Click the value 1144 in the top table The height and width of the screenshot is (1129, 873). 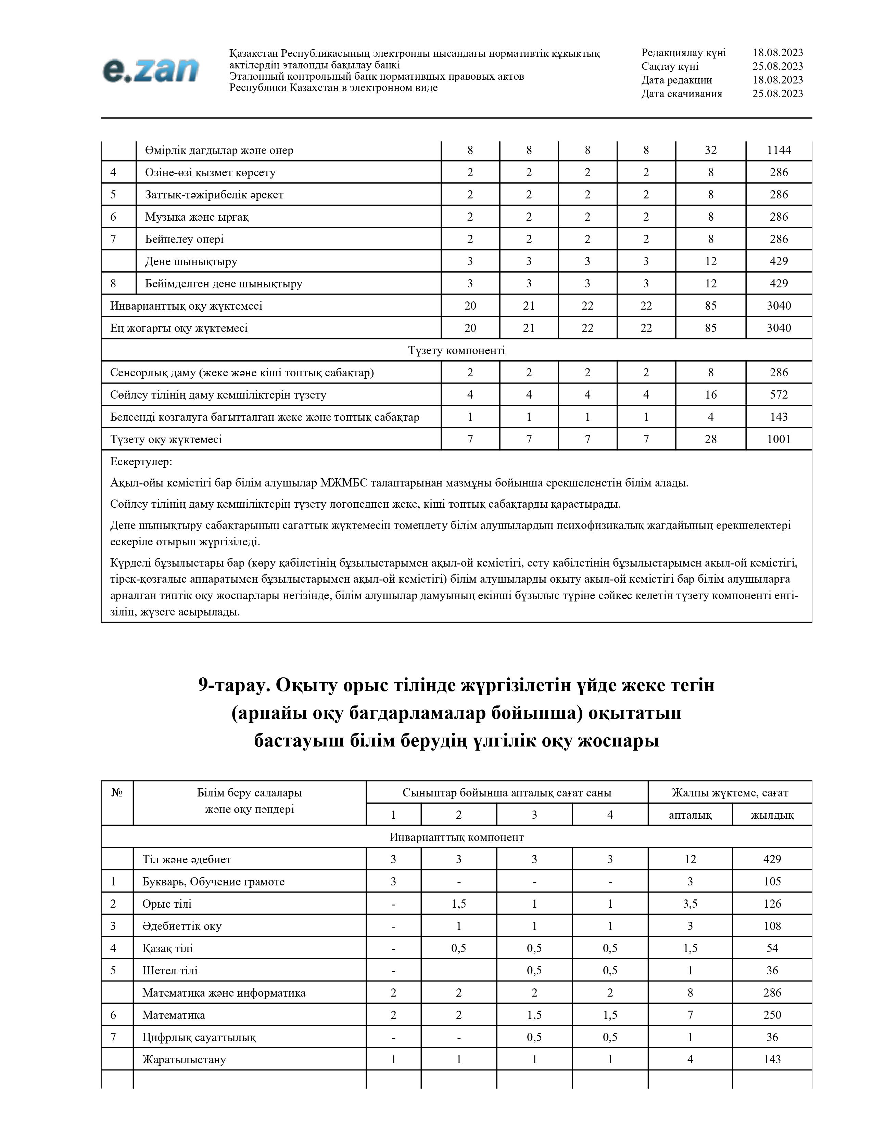(779, 151)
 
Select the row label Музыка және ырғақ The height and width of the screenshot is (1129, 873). (197, 217)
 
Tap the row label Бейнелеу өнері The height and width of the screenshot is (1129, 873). (184, 239)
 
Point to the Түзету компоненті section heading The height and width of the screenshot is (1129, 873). (456, 350)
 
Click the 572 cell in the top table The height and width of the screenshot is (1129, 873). (779, 395)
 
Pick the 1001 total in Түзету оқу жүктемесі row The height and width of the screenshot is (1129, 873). (779, 439)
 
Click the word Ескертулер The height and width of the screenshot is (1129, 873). (141, 462)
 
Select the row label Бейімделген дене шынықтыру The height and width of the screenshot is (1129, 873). (224, 284)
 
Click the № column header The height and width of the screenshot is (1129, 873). (117, 792)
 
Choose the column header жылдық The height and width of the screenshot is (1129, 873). (772, 815)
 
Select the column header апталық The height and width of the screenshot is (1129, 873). (690, 815)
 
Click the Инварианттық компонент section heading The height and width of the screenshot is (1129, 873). (456, 838)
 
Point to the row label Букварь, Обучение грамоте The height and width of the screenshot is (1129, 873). (213, 882)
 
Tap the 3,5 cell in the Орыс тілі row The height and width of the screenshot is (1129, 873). (690, 904)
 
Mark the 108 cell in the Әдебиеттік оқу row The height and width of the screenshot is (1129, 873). (772, 926)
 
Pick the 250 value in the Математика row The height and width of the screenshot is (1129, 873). (772, 1015)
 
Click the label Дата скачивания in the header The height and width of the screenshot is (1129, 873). (682, 93)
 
